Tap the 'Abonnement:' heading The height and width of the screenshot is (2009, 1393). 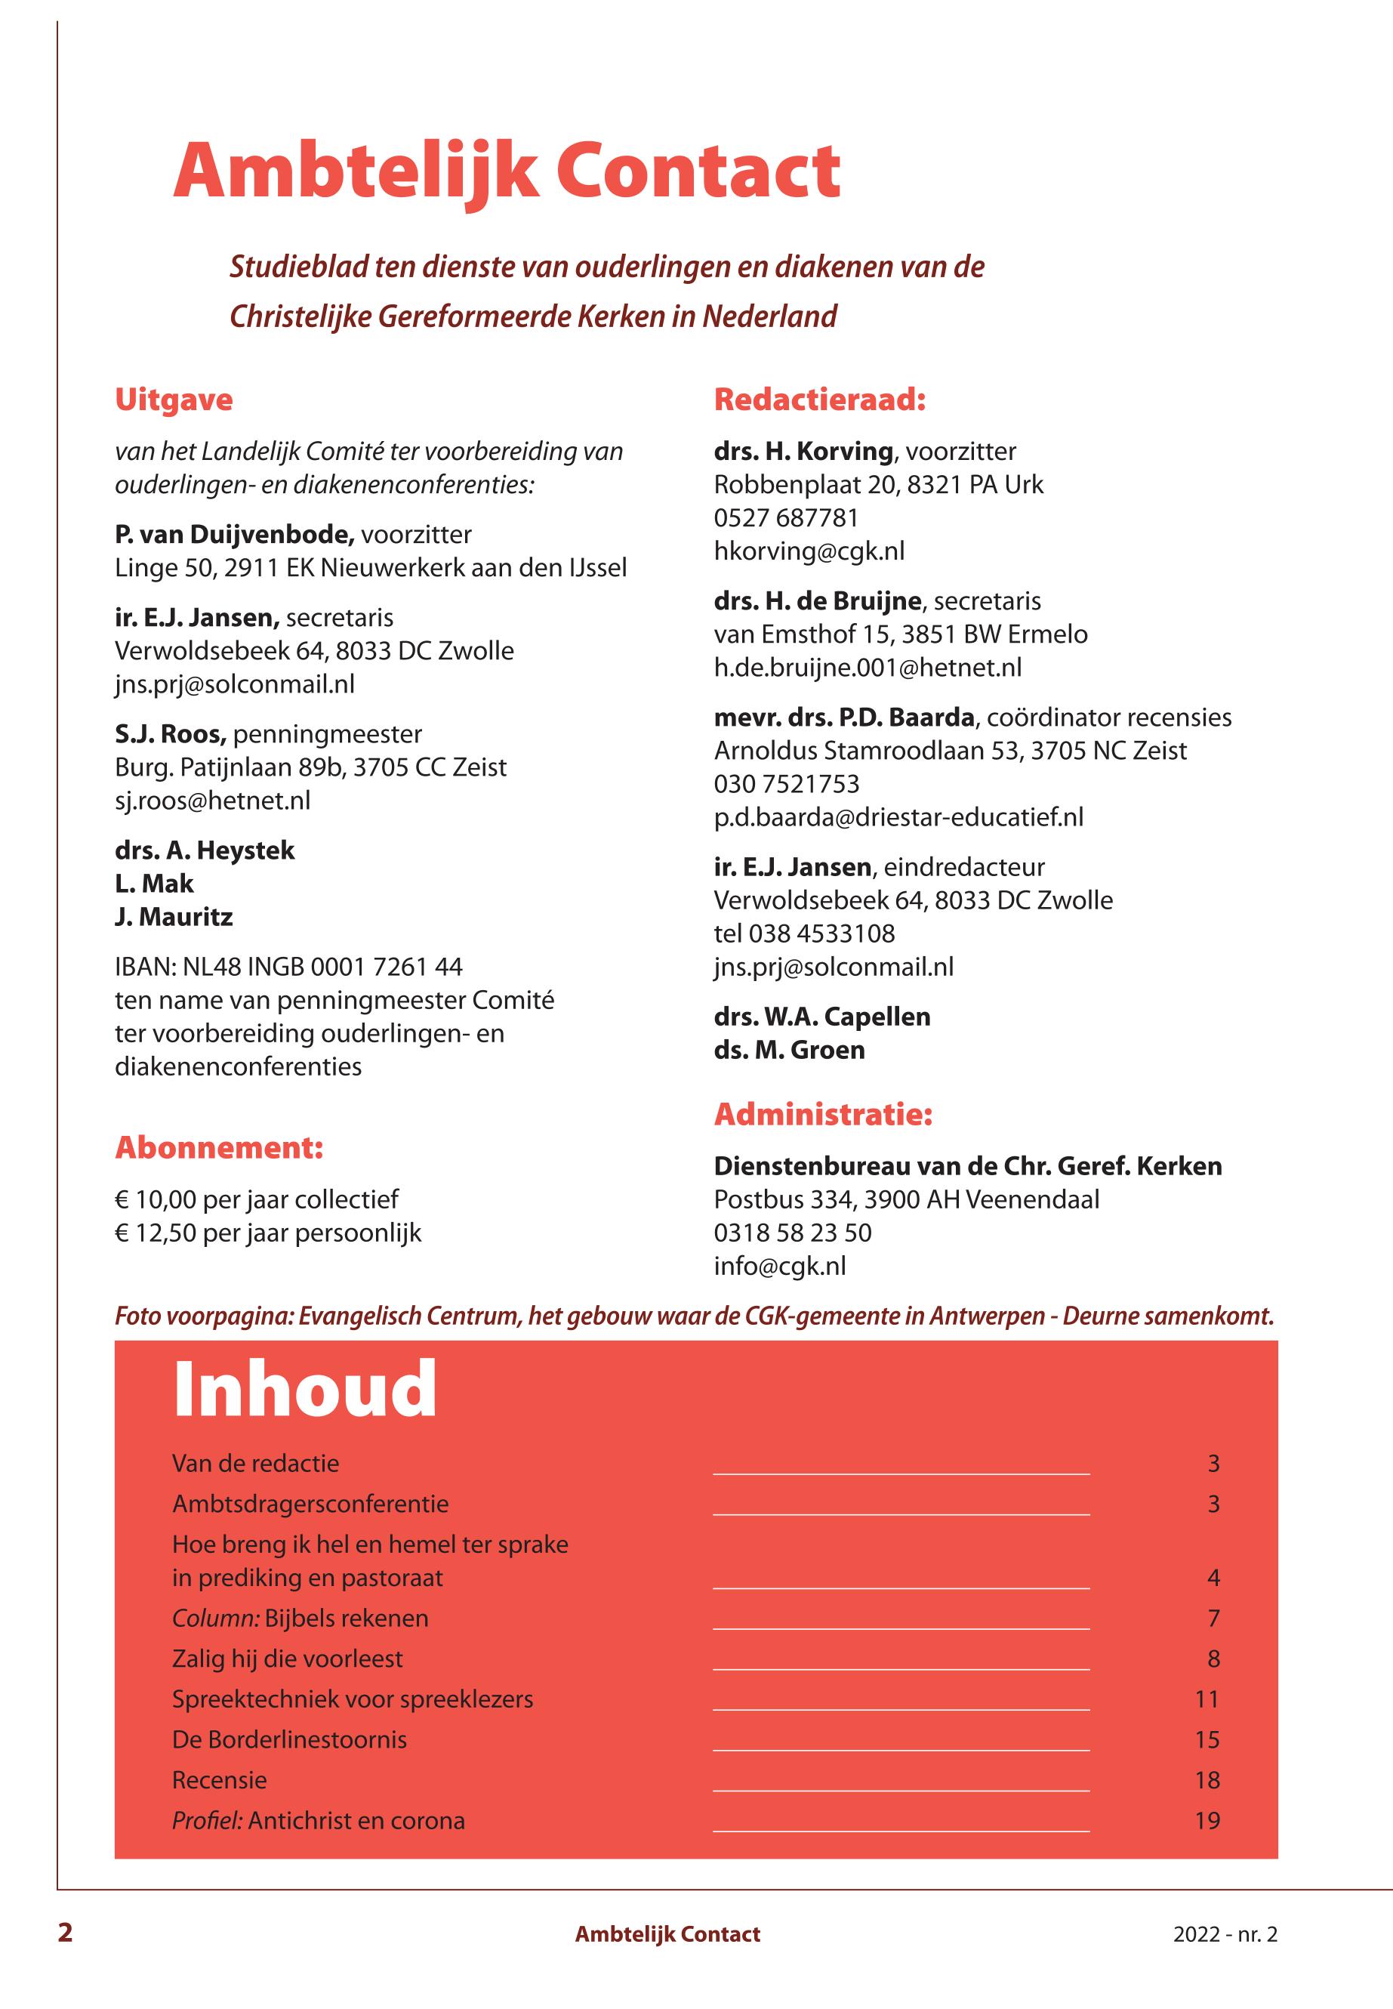tap(219, 1147)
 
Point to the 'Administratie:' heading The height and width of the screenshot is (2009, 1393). tap(823, 1114)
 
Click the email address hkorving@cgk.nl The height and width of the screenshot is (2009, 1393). tap(809, 551)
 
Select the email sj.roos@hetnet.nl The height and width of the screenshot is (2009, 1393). tap(212, 801)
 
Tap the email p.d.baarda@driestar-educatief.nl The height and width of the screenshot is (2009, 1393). tap(898, 816)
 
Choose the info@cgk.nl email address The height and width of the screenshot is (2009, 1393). tap(779, 1266)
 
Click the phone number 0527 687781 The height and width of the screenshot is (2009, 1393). tap(785, 518)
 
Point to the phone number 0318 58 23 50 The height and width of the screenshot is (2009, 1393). tap(793, 1233)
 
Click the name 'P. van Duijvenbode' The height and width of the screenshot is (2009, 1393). tap(234, 534)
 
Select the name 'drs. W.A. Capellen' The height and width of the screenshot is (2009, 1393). tap(821, 1017)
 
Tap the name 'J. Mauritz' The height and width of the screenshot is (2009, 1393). tap(174, 917)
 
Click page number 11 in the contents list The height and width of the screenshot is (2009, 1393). tap(1207, 1699)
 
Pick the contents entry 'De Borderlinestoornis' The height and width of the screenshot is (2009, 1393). tap(289, 1739)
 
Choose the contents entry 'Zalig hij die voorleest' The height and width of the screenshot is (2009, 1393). tap(287, 1658)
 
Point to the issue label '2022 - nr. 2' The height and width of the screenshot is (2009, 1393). tap(1225, 1934)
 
